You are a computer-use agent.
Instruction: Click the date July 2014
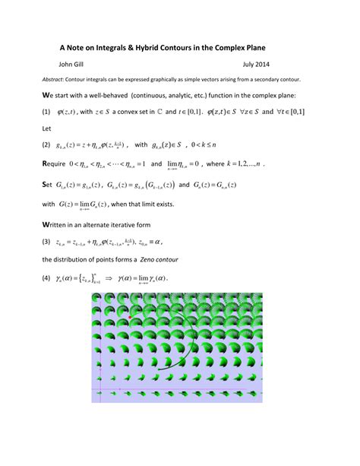(259, 65)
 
